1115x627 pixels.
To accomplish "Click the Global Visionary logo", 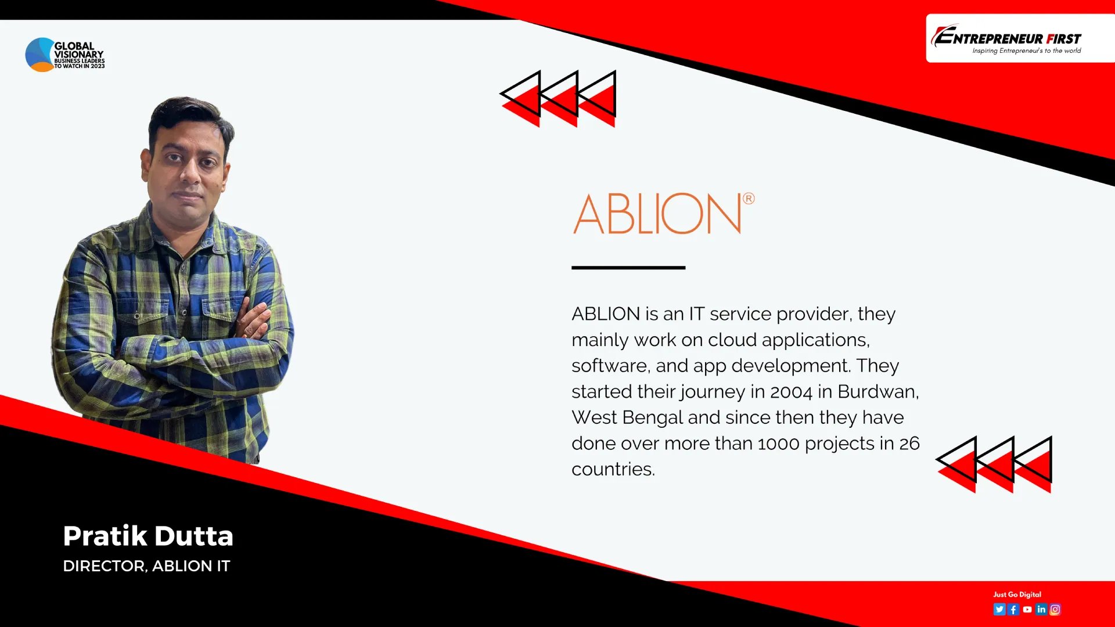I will tap(64, 55).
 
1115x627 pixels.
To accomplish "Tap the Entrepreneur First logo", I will tap(1008, 39).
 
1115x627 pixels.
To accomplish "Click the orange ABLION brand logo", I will tap(657, 214).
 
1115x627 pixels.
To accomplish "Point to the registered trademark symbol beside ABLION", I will tap(749, 199).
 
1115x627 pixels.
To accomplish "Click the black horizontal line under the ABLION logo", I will tap(628, 268).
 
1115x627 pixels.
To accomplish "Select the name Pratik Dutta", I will tap(148, 536).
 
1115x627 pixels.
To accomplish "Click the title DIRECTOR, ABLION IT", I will tap(146, 566).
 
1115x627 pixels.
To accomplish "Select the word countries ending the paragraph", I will tap(613, 470).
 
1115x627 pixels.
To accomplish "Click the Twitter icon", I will tap(999, 609).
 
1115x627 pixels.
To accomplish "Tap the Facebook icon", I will tap(1013, 609).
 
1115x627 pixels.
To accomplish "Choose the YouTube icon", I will tap(1027, 609).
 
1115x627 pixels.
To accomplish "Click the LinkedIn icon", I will tap(1041, 609).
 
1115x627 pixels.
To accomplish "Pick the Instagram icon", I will tap(1055, 609).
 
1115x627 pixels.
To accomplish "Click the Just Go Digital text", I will tap(1017, 594).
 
